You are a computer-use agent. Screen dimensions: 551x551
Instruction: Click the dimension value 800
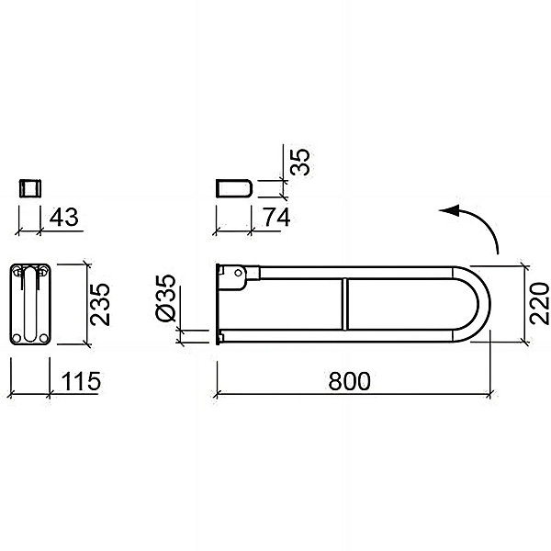click(349, 381)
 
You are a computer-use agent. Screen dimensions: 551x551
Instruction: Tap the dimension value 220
click(539, 304)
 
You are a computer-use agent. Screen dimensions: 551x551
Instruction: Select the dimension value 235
click(100, 304)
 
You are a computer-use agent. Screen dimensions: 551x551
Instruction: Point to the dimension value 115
click(81, 381)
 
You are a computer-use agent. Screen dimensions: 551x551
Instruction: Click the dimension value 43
click(63, 217)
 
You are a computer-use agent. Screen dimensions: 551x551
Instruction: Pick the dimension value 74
click(277, 217)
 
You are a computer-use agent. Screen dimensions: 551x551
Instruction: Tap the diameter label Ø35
click(165, 298)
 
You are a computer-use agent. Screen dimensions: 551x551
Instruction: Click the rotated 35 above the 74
click(300, 162)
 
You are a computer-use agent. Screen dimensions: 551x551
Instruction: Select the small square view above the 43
click(30, 188)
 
